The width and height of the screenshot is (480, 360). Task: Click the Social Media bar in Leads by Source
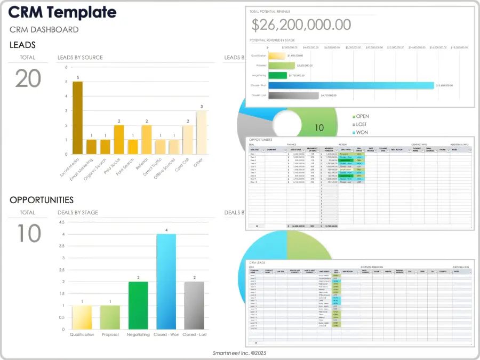point(77,117)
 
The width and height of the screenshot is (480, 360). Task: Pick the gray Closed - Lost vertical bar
point(194,305)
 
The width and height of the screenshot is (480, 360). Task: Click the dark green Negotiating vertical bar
point(138,305)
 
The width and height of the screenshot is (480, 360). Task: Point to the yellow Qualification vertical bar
point(82,317)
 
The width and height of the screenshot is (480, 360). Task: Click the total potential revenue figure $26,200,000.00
point(301,25)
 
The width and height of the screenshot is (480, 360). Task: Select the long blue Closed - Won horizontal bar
point(351,85)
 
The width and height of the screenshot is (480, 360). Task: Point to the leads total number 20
point(28,79)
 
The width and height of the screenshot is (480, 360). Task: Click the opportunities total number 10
point(28,234)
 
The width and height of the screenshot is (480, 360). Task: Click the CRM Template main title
point(62,12)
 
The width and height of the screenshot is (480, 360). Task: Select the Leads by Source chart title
point(80,58)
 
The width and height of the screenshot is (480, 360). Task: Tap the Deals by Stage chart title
point(78,212)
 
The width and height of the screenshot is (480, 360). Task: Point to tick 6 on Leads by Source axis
point(66,67)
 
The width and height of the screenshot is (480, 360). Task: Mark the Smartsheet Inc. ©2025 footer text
point(239,353)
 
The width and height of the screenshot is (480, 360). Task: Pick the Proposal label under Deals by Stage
point(110,334)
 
